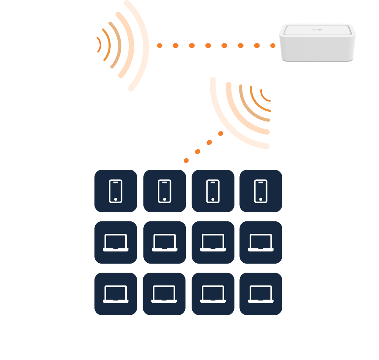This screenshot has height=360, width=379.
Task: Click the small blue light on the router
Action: (317, 58)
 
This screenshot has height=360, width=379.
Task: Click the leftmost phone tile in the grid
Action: (116, 191)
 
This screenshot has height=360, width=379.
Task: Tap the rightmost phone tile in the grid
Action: (261, 191)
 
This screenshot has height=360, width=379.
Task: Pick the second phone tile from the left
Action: (164, 191)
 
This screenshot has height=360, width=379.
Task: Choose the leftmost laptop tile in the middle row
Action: (116, 242)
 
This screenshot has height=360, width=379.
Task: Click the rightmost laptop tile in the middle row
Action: (261, 242)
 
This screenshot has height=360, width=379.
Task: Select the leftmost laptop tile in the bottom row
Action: (116, 294)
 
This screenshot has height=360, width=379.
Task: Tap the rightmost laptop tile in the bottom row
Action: (261, 294)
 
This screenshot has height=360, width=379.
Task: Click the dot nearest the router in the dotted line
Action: (273, 46)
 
